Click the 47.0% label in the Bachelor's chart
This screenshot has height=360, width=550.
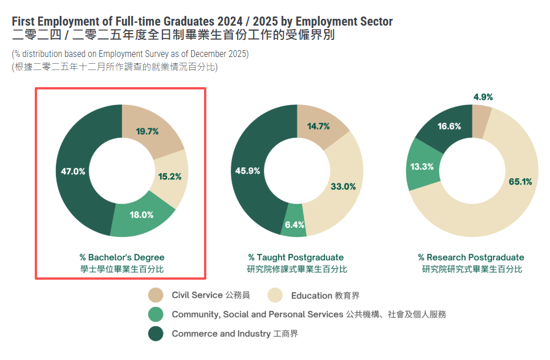click(73, 171)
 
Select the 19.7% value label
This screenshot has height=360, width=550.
click(147, 131)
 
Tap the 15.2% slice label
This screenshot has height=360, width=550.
click(170, 177)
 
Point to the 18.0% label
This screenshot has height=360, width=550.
click(142, 215)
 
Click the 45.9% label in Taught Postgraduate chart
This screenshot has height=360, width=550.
click(247, 170)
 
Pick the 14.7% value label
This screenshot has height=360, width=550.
click(319, 126)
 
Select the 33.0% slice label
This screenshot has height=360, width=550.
click(343, 186)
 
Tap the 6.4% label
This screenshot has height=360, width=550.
click(295, 224)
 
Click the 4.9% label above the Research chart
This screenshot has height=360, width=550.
click(483, 97)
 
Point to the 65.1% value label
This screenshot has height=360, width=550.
click(520, 182)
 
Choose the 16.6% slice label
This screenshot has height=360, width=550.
click(449, 126)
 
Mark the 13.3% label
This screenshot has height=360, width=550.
click(422, 167)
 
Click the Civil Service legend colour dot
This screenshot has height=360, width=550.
click(156, 295)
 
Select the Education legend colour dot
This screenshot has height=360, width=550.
click(275, 295)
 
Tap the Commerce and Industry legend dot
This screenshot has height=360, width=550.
click(156, 334)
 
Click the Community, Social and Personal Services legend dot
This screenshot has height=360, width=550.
click(156, 314)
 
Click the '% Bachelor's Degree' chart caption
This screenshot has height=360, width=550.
click(122, 257)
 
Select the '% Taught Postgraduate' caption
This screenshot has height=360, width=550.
click(296, 257)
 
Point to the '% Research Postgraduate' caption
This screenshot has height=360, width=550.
click(471, 257)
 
